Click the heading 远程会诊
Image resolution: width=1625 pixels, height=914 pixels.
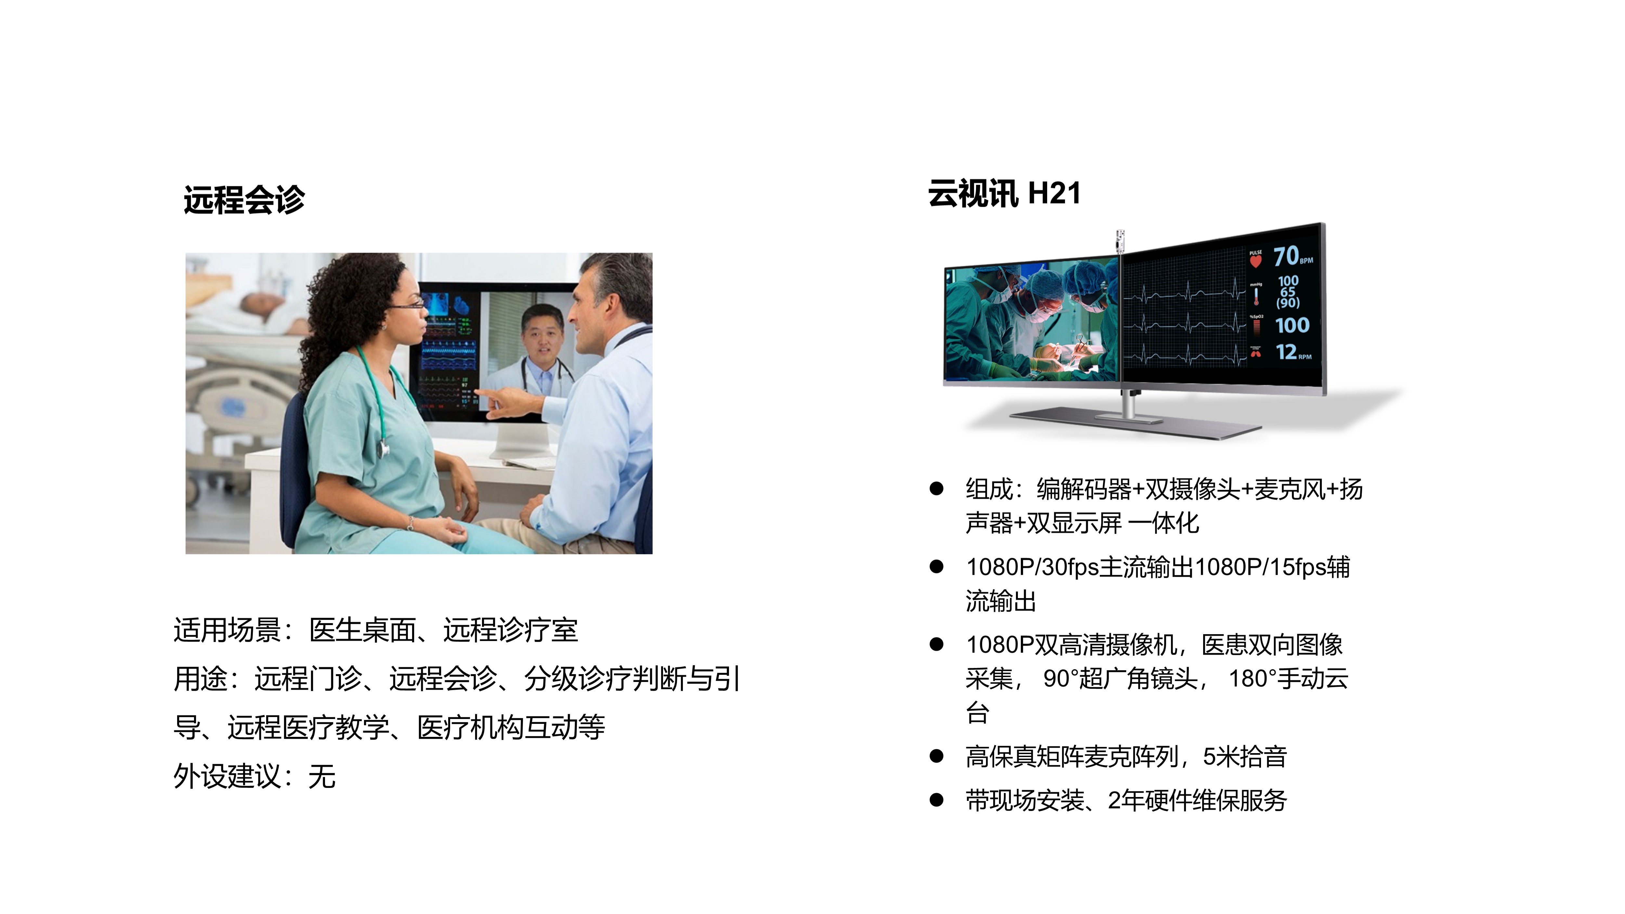pos(244,200)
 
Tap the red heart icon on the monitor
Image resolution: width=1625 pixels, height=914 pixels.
pos(1255,260)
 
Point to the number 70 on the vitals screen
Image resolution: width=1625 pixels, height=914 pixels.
pos(1286,257)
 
